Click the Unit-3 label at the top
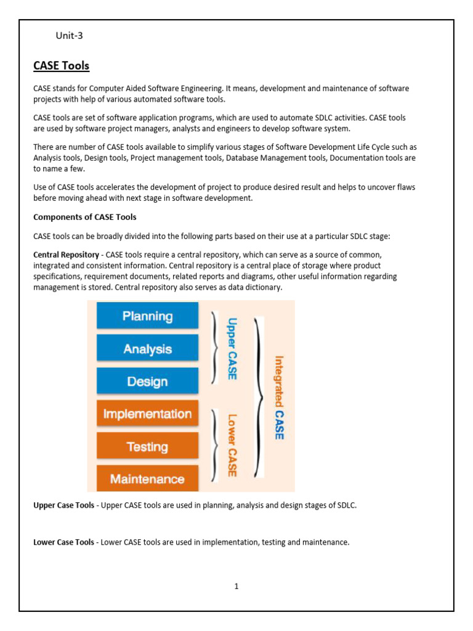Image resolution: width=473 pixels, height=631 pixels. coord(69,36)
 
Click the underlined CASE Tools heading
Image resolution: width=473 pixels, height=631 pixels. coord(61,65)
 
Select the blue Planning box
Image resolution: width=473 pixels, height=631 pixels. coord(147,316)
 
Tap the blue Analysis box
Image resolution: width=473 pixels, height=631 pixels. coord(147,349)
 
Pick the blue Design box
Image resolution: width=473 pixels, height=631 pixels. coord(147,381)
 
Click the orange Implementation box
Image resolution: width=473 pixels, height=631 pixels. coord(147,414)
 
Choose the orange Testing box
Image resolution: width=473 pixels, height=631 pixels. coord(147,446)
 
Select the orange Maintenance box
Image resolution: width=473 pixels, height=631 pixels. coord(147,479)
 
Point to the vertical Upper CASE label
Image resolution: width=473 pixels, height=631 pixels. coord(232,348)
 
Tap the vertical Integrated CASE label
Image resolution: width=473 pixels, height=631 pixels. coord(279,397)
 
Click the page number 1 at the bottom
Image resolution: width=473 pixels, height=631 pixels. coord(236,586)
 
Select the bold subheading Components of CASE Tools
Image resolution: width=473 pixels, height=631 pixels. coord(84,217)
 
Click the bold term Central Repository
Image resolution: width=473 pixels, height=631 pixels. coord(66,254)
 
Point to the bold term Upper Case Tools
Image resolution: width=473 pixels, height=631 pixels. coord(63,505)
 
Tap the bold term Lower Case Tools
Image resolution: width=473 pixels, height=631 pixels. coord(63,542)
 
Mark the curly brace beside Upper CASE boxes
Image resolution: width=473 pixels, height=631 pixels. coord(214,348)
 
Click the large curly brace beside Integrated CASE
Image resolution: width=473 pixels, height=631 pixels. coord(260,397)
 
